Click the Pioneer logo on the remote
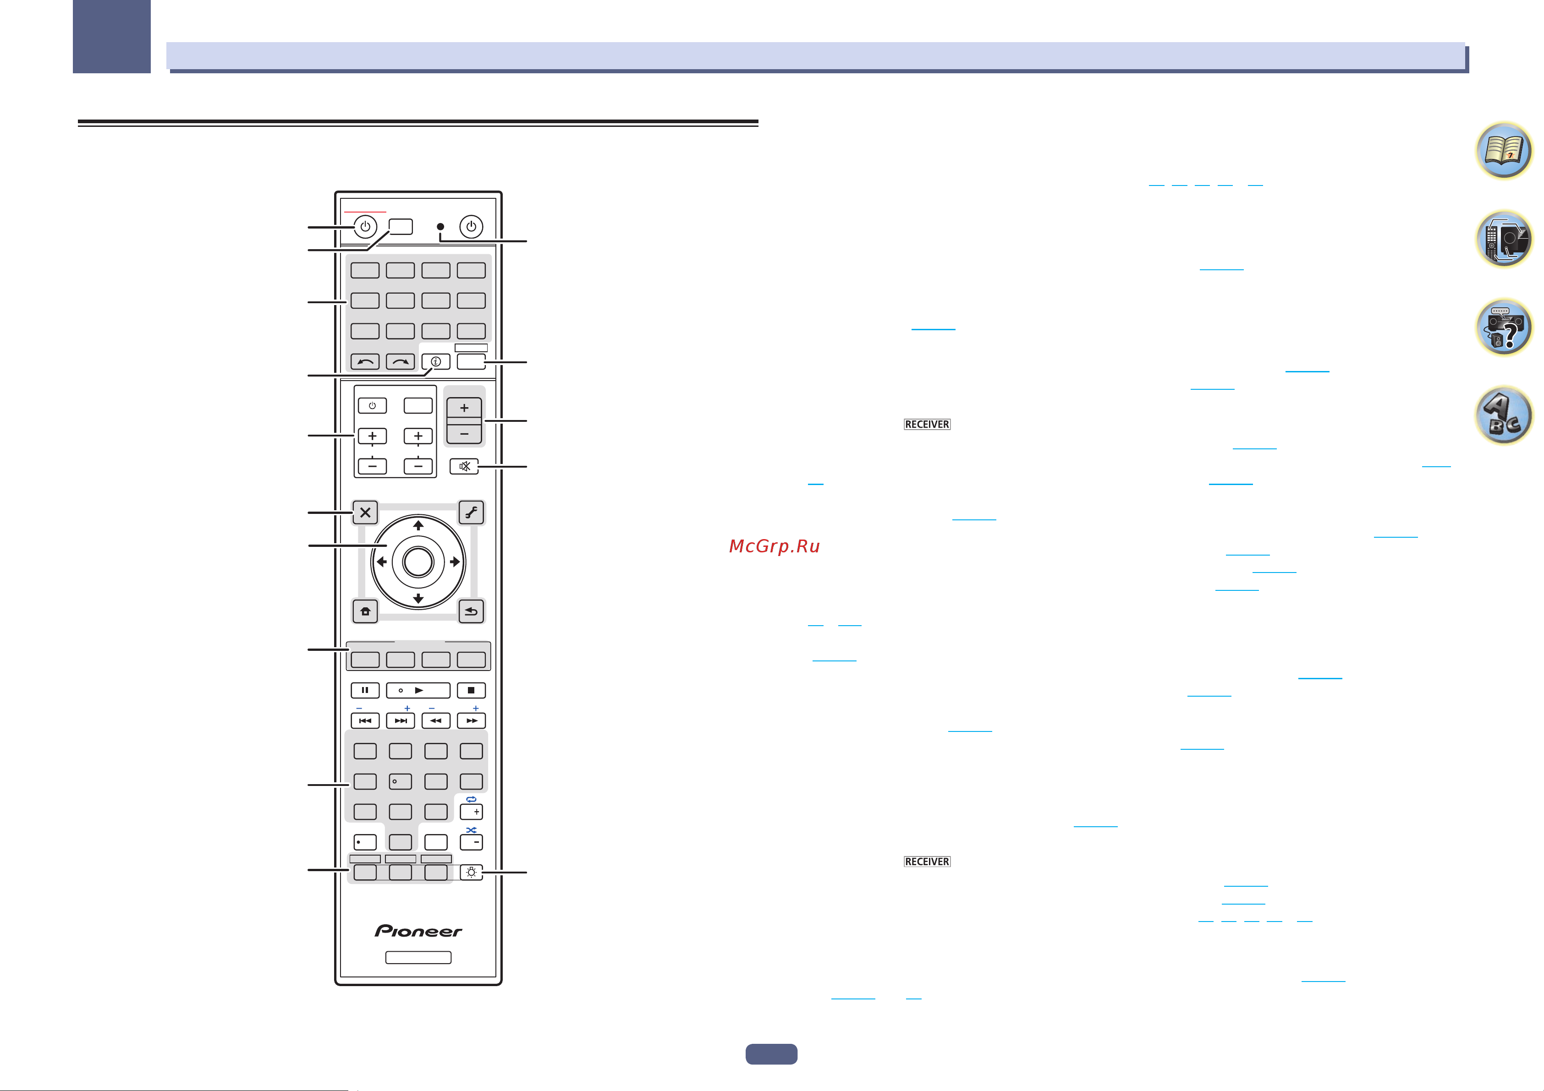[418, 931]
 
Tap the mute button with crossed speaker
[464, 466]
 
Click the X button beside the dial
[365, 512]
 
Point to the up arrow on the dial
[418, 525]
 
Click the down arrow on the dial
[418, 598]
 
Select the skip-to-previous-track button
[365, 720]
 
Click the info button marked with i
[436, 362]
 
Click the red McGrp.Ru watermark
[775, 546]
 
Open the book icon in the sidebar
[1504, 151]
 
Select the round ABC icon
[1504, 415]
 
